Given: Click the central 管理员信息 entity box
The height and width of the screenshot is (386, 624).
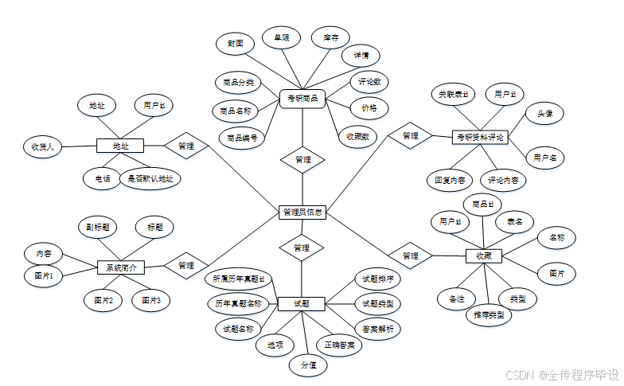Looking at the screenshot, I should pos(302,212).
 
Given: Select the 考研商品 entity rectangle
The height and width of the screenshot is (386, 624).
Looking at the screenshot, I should pos(302,99).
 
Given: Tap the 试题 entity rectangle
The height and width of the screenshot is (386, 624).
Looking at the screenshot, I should pos(302,303).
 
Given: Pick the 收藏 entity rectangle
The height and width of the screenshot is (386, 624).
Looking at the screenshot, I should pos(483,256).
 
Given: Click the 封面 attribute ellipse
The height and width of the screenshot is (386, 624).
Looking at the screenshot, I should pos(235,43).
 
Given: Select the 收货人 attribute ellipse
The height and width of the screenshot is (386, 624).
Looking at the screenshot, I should pos(43,146).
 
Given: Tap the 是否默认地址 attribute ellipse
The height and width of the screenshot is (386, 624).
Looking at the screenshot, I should pos(150,178).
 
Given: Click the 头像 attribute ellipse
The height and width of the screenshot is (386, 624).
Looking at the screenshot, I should pos(545,115).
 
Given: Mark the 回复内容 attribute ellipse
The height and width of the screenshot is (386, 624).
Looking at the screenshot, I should pos(450,180).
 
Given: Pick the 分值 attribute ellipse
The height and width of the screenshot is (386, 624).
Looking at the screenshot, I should pos(308,365).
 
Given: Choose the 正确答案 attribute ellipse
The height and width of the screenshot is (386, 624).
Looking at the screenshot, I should pos(339,345).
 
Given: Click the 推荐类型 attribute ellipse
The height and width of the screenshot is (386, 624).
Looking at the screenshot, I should pos(489,314).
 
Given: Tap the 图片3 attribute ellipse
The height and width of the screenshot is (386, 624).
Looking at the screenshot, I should pos(151,300).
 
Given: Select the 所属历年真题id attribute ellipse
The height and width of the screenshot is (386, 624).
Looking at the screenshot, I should pos(238,279).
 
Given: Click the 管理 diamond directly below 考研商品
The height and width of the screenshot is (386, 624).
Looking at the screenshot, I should pos(302,159).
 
